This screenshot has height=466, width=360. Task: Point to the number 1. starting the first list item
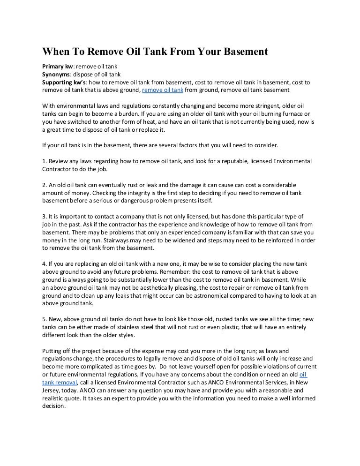(x=45, y=161)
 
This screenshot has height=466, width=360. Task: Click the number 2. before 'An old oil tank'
(x=45, y=185)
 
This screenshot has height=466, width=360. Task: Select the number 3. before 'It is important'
(x=45, y=217)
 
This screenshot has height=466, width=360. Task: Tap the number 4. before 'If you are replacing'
(x=45, y=264)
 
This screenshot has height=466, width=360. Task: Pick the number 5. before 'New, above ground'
(x=45, y=319)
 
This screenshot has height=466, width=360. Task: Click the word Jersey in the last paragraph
(x=51, y=390)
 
